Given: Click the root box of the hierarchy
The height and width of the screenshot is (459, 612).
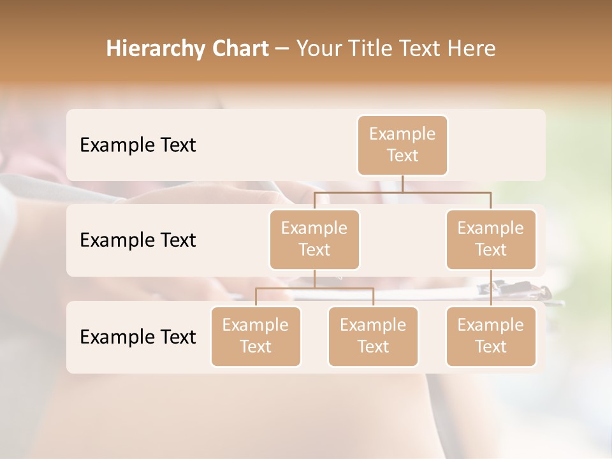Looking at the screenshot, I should coord(402,145).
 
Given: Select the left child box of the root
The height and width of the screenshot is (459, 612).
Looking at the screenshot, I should coord(314,239).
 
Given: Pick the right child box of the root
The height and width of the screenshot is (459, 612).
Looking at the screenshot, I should coord(491,239).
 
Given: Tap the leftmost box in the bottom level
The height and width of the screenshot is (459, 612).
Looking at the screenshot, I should coord(256,336).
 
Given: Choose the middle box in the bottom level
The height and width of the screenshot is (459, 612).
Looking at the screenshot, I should coord(373,336).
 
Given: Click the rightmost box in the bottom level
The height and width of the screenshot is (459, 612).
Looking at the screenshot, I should coord(491,336).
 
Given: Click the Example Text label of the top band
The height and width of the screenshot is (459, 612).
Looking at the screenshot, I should coord(138,145).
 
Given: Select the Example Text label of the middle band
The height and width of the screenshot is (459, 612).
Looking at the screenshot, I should coord(138,240).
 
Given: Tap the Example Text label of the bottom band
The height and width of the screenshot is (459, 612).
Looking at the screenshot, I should coord(138,337).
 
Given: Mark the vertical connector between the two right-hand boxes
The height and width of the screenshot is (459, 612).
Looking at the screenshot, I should coord(491,288).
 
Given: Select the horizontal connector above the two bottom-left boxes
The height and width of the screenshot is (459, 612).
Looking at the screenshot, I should coord(314,288).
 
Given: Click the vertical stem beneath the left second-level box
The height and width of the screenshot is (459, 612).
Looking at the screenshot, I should coord(314,279).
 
